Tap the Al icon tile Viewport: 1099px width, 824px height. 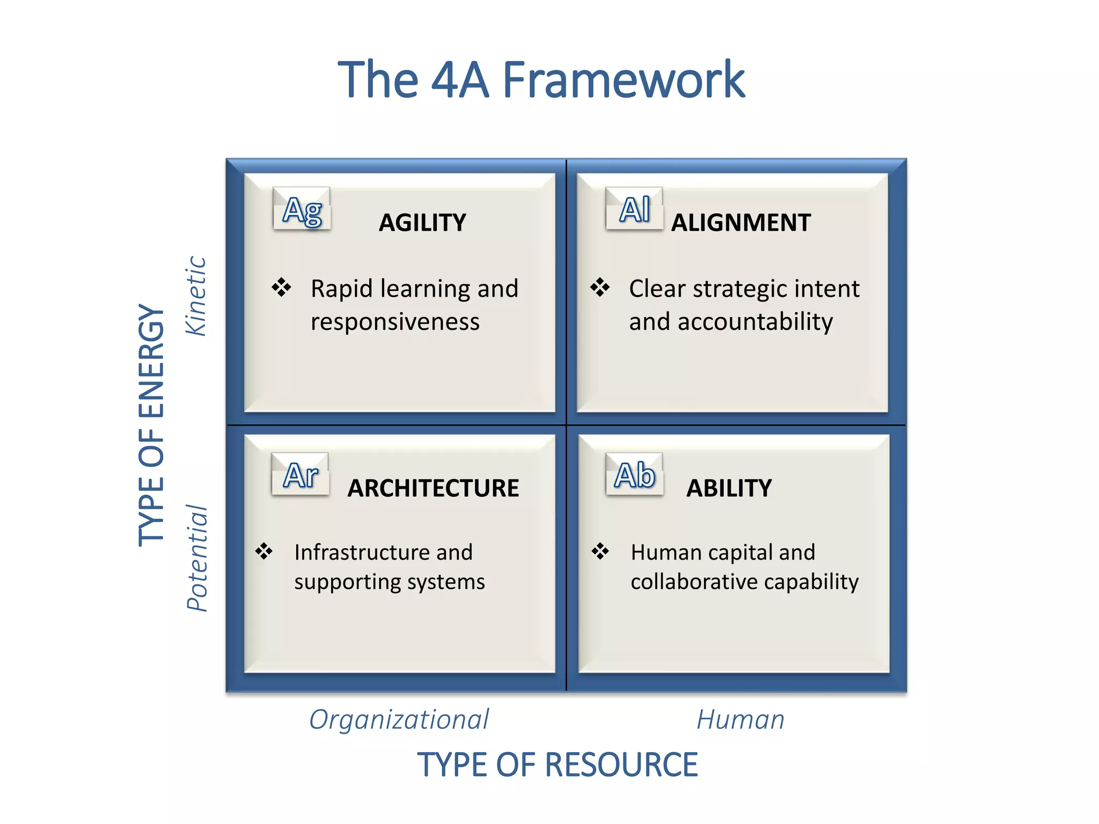pos(634,209)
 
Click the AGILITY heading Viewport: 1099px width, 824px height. pos(422,223)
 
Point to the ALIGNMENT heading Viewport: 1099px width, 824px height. pos(741,223)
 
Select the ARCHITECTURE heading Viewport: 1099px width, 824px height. pos(433,488)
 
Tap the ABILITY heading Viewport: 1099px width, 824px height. pos(729,488)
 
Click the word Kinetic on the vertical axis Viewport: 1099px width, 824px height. pos(196,296)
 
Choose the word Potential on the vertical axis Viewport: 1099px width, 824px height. pos(197,558)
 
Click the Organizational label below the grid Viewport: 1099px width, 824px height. pos(399,719)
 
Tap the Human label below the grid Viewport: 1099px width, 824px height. pos(741,719)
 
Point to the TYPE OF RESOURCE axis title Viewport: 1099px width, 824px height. pos(558,764)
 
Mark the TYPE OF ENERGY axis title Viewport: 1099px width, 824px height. pos(151,425)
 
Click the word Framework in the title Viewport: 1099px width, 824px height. pos(624,80)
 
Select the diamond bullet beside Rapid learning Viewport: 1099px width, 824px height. pos(281,288)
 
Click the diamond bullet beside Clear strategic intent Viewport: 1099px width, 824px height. pos(600,288)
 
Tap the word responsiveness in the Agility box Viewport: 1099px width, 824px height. pos(395,322)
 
